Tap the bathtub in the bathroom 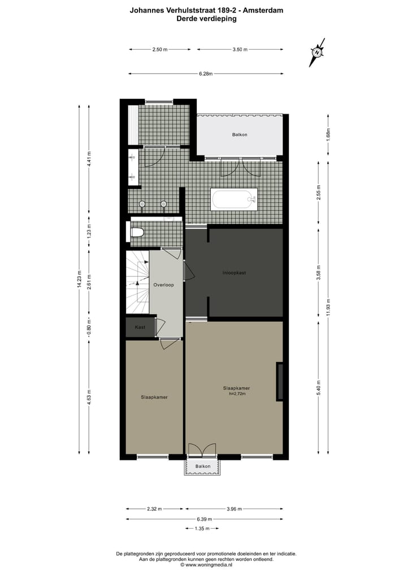[234, 199]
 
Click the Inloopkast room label [233, 273]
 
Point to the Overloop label [163, 285]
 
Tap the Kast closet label [140, 327]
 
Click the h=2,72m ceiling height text [236, 394]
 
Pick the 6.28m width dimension [205, 74]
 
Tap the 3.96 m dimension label [233, 509]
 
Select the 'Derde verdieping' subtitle [206, 18]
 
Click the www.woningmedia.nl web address [206, 564]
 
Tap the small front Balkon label [203, 466]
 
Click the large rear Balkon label [240, 135]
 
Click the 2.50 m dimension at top [160, 50]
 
